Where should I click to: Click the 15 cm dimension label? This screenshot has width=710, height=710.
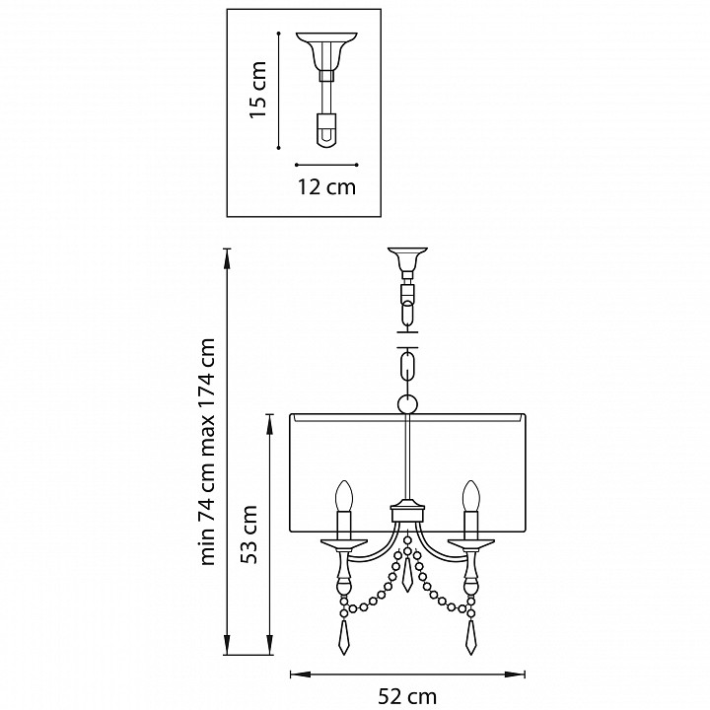pyautogui.click(x=258, y=90)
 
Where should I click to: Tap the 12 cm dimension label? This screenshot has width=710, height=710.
pyautogui.click(x=326, y=187)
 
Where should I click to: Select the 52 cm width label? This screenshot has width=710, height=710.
pyautogui.click(x=407, y=697)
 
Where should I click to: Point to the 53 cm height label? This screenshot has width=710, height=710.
pyautogui.click(x=248, y=534)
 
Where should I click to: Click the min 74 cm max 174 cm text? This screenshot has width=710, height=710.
pyautogui.click(x=207, y=452)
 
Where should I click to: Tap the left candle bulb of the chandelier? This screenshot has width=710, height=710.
pyautogui.click(x=344, y=497)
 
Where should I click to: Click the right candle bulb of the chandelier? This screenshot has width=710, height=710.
pyautogui.click(x=471, y=497)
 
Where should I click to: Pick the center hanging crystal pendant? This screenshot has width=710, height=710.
pyautogui.click(x=407, y=574)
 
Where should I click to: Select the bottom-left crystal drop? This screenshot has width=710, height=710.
pyautogui.click(x=344, y=637)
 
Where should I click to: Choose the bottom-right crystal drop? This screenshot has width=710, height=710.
pyautogui.click(x=471, y=637)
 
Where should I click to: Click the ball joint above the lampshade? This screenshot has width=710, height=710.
pyautogui.click(x=407, y=404)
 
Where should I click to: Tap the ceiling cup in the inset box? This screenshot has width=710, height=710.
pyautogui.click(x=326, y=50)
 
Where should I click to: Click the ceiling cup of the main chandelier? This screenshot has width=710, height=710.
pyautogui.click(x=407, y=258)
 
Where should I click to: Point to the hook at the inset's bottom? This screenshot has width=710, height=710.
pyautogui.click(x=326, y=130)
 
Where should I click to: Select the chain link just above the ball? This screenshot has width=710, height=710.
pyautogui.click(x=407, y=368)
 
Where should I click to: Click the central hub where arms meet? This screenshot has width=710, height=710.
pyautogui.click(x=407, y=512)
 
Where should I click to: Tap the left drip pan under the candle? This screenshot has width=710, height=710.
pyautogui.click(x=344, y=542)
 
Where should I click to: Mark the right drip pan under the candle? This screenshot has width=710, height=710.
pyautogui.click(x=471, y=542)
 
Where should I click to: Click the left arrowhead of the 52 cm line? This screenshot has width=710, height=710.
pyautogui.click(x=297, y=674)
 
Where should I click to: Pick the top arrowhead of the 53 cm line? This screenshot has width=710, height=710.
pyautogui.click(x=270, y=422)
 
